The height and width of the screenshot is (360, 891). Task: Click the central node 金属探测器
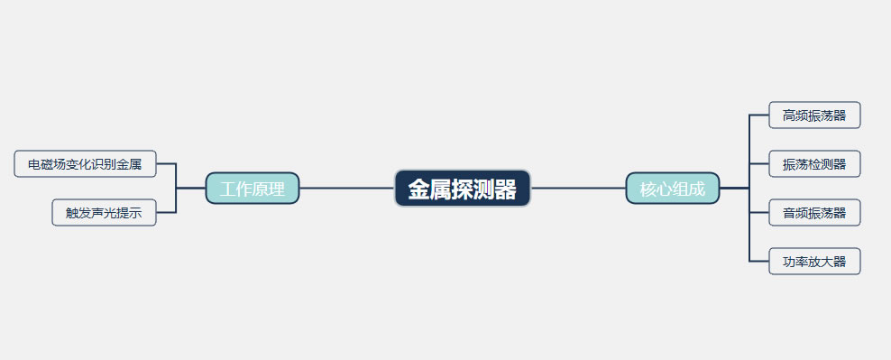click(462, 189)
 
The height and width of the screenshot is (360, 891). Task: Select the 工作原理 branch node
click(253, 189)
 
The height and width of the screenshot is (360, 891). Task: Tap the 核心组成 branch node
click(672, 189)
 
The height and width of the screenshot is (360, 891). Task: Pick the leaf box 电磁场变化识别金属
click(85, 164)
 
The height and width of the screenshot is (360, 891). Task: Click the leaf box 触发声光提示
click(104, 213)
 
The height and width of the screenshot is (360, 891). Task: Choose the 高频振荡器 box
click(814, 115)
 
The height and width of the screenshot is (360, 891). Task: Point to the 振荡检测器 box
click(814, 164)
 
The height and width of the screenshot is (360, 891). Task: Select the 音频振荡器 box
click(814, 213)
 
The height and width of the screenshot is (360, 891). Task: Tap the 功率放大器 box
click(814, 262)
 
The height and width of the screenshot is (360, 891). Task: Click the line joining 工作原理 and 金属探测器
click(346, 189)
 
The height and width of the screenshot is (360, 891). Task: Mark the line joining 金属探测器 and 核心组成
click(578, 189)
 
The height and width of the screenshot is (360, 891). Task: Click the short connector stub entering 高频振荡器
click(759, 115)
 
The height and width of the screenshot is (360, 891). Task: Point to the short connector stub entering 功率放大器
click(759, 262)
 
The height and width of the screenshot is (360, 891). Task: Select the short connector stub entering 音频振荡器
click(759, 213)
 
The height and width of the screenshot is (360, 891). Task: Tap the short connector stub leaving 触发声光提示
click(166, 213)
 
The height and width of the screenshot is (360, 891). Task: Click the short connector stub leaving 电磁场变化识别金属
click(166, 164)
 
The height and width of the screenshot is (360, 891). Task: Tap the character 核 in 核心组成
click(648, 189)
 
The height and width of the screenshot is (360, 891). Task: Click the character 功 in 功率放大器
click(789, 263)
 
